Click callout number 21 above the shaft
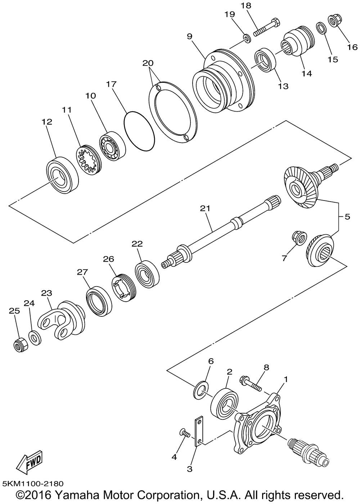[x=206, y=208]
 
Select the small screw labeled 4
[x=184, y=433]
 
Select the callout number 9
[x=189, y=36]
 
